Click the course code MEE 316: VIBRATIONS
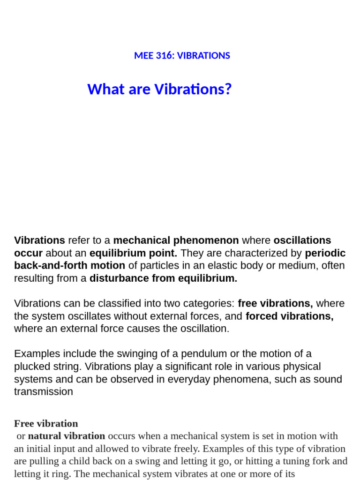[182, 56]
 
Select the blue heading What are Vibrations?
[159, 89]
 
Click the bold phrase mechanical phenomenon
[176, 240]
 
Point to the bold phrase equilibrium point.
[133, 253]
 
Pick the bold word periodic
[325, 253]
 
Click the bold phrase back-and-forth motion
[69, 266]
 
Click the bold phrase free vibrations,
[275, 303]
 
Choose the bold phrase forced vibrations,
[289, 316]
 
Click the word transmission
[43, 392]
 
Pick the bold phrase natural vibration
[67, 436]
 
